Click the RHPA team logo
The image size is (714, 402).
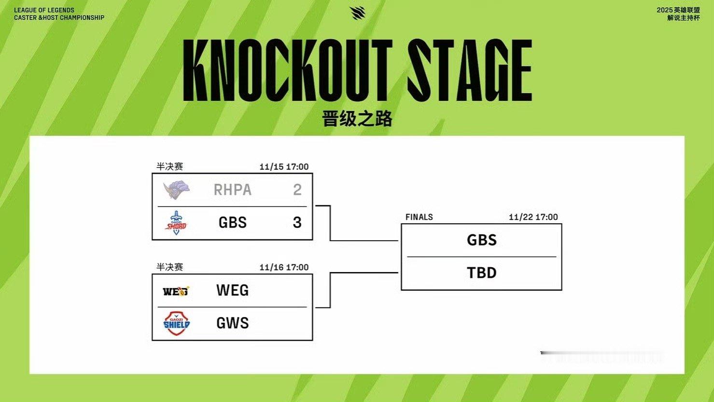tap(176, 190)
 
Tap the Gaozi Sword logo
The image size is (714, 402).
tap(176, 223)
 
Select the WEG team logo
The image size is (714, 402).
tap(176, 291)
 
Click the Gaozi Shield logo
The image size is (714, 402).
tap(176, 323)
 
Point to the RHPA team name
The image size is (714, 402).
tap(233, 190)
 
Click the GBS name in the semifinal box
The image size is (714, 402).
tap(233, 223)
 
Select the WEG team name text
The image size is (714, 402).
tap(233, 290)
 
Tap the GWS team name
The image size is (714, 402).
tap(233, 323)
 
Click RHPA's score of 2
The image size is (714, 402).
tap(297, 190)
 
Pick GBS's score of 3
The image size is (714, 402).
tap(297, 223)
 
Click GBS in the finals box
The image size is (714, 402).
tap(482, 240)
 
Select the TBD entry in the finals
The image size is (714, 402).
tap(482, 273)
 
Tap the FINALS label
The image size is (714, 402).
tap(419, 217)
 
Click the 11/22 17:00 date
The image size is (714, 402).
tap(533, 217)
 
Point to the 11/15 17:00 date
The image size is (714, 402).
tap(284, 167)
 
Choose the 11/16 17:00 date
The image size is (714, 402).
tap(284, 268)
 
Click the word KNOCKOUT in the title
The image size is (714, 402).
tap(288, 71)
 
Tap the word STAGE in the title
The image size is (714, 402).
tap(469, 71)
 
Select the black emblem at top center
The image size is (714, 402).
tap(357, 13)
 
